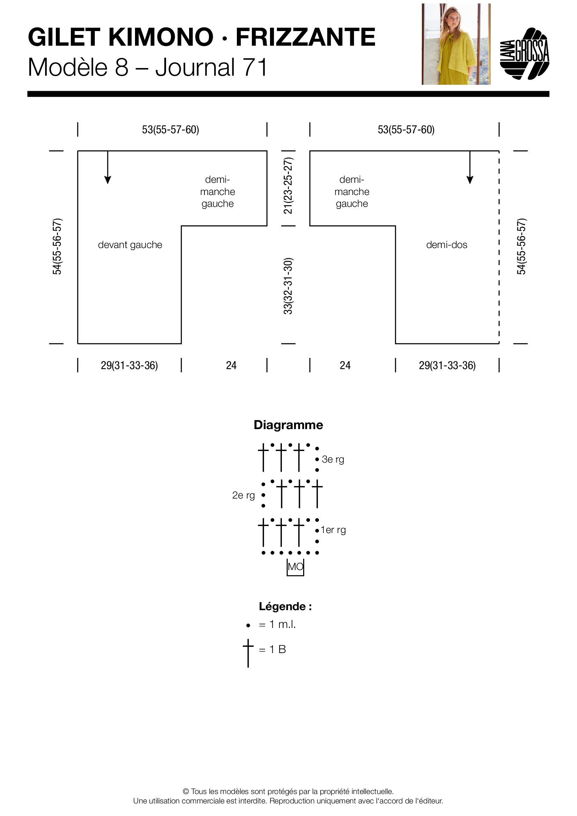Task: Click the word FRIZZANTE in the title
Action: click(306, 37)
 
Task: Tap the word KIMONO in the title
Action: click(160, 37)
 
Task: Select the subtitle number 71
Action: click(255, 68)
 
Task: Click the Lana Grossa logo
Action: click(525, 54)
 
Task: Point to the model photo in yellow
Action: click(456, 44)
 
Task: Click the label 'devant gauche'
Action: click(130, 245)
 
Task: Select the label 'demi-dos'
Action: click(447, 245)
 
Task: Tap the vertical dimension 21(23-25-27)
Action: click(288, 186)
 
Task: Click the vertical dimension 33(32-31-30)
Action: click(288, 286)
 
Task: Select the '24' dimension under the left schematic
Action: click(231, 365)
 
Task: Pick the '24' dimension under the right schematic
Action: click(345, 365)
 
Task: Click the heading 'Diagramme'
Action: click(288, 425)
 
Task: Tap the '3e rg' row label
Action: click(333, 459)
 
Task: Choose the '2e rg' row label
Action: click(243, 495)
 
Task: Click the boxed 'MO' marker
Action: click(295, 567)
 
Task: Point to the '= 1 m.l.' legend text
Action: click(277, 624)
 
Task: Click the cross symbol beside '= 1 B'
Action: click(248, 652)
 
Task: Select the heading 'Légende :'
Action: click(285, 607)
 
